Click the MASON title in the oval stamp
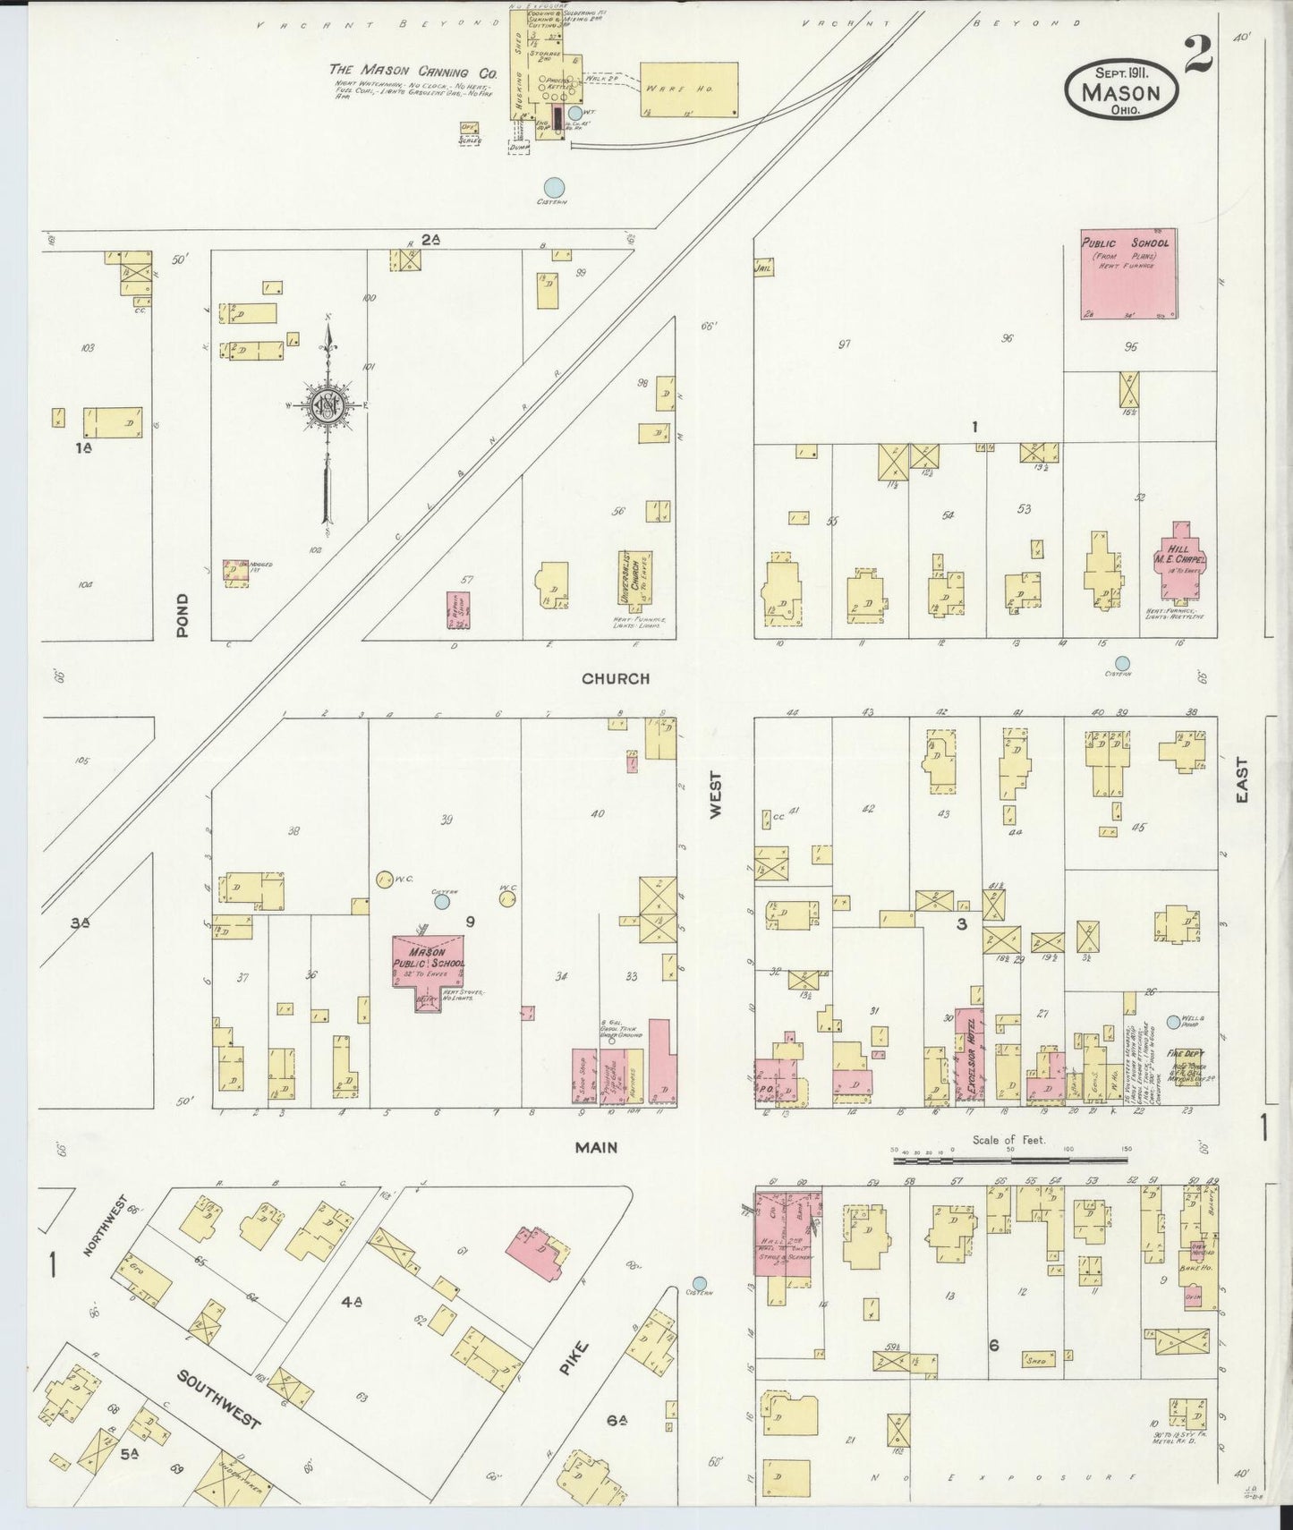1120,93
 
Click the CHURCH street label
616,679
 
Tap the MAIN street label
597,1147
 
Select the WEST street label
716,795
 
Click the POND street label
183,615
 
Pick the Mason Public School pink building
429,964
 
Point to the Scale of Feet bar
1011,1160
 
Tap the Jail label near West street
763,267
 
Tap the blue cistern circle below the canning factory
555,187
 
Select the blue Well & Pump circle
1174,1022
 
